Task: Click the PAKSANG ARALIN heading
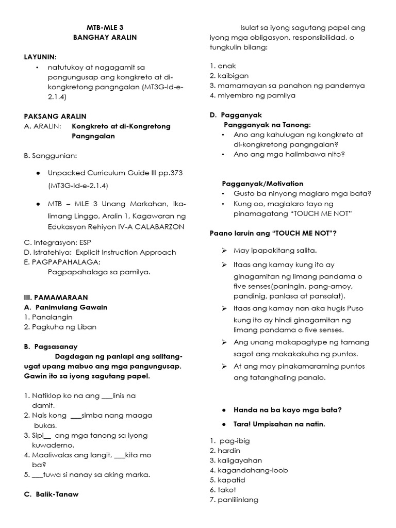pos(55,116)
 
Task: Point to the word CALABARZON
pos(160,227)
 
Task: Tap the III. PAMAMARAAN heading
pos(56,297)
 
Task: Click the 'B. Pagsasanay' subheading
pos(51,347)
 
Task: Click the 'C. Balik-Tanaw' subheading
pos(51,494)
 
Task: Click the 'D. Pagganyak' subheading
pos(236,115)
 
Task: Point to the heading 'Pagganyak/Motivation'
pos(262,184)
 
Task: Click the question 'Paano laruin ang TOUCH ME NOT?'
pos(273,233)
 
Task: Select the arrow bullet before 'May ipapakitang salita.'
pos(224,251)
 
